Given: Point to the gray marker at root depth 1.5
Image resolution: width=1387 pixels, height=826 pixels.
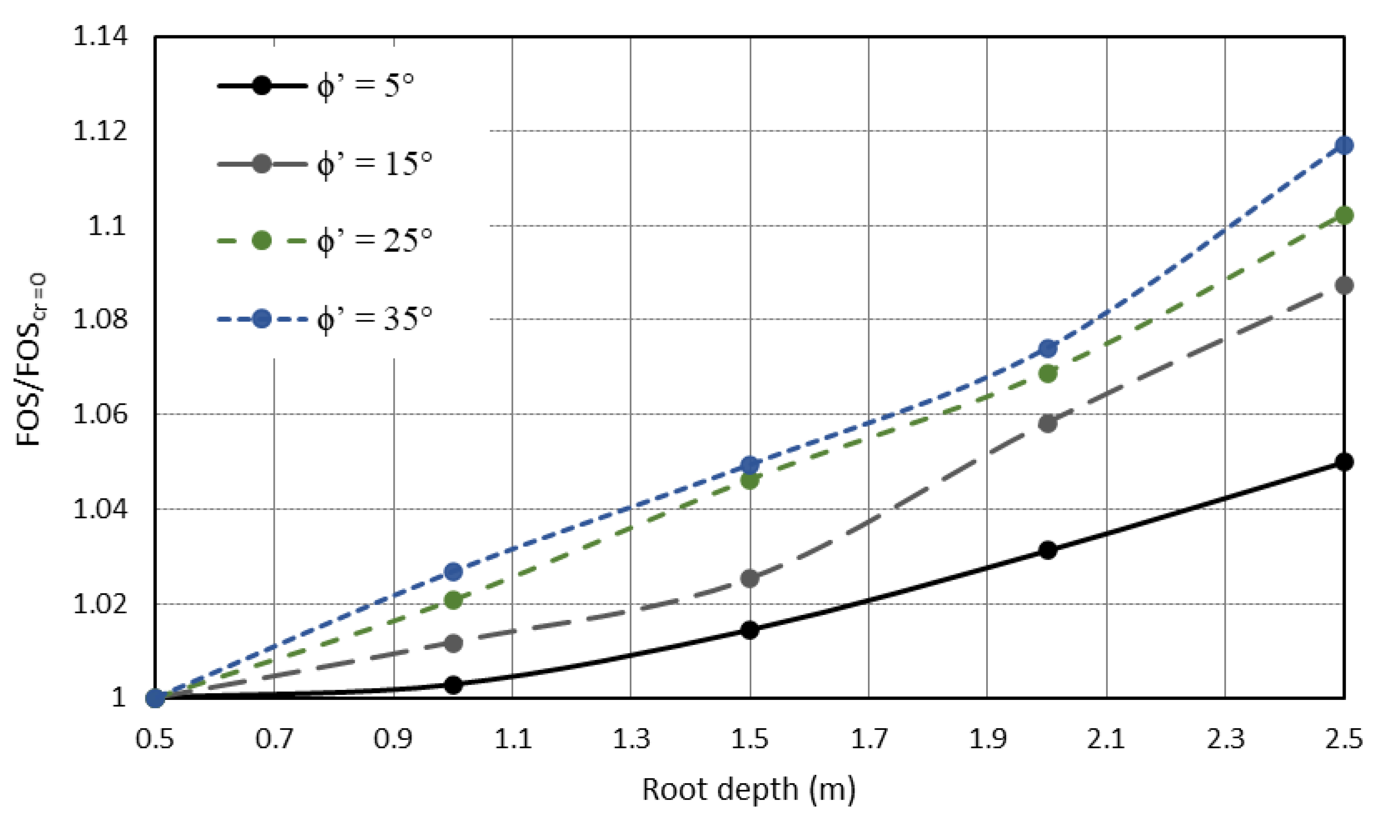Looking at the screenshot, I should pyautogui.click(x=750, y=578).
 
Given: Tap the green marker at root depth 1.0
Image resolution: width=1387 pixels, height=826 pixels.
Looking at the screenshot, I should pyautogui.click(x=453, y=600).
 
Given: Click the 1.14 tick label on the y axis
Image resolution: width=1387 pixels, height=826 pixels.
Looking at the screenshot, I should pyautogui.click(x=100, y=37).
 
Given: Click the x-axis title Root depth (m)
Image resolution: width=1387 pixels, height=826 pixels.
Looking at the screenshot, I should pyautogui.click(x=749, y=790).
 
